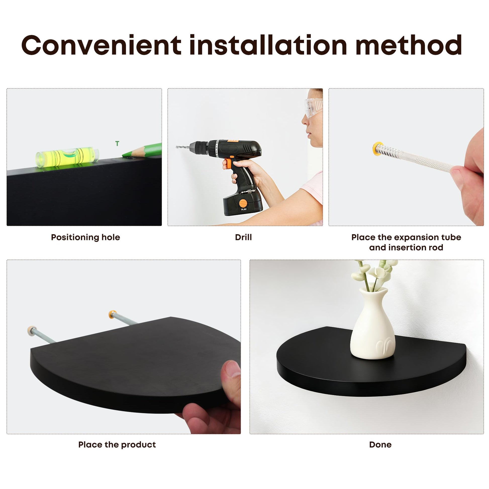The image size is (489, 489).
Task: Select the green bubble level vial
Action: (x=67, y=157)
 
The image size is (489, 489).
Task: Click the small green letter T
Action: (x=117, y=143)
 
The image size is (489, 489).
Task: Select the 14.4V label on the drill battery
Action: (x=243, y=209)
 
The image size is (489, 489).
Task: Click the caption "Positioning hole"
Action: (x=85, y=237)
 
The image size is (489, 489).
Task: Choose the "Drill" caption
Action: (x=243, y=237)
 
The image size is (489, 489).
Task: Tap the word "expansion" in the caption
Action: (x=415, y=237)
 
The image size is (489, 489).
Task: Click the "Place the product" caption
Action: (x=117, y=445)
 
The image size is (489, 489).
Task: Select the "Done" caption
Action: (x=380, y=445)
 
